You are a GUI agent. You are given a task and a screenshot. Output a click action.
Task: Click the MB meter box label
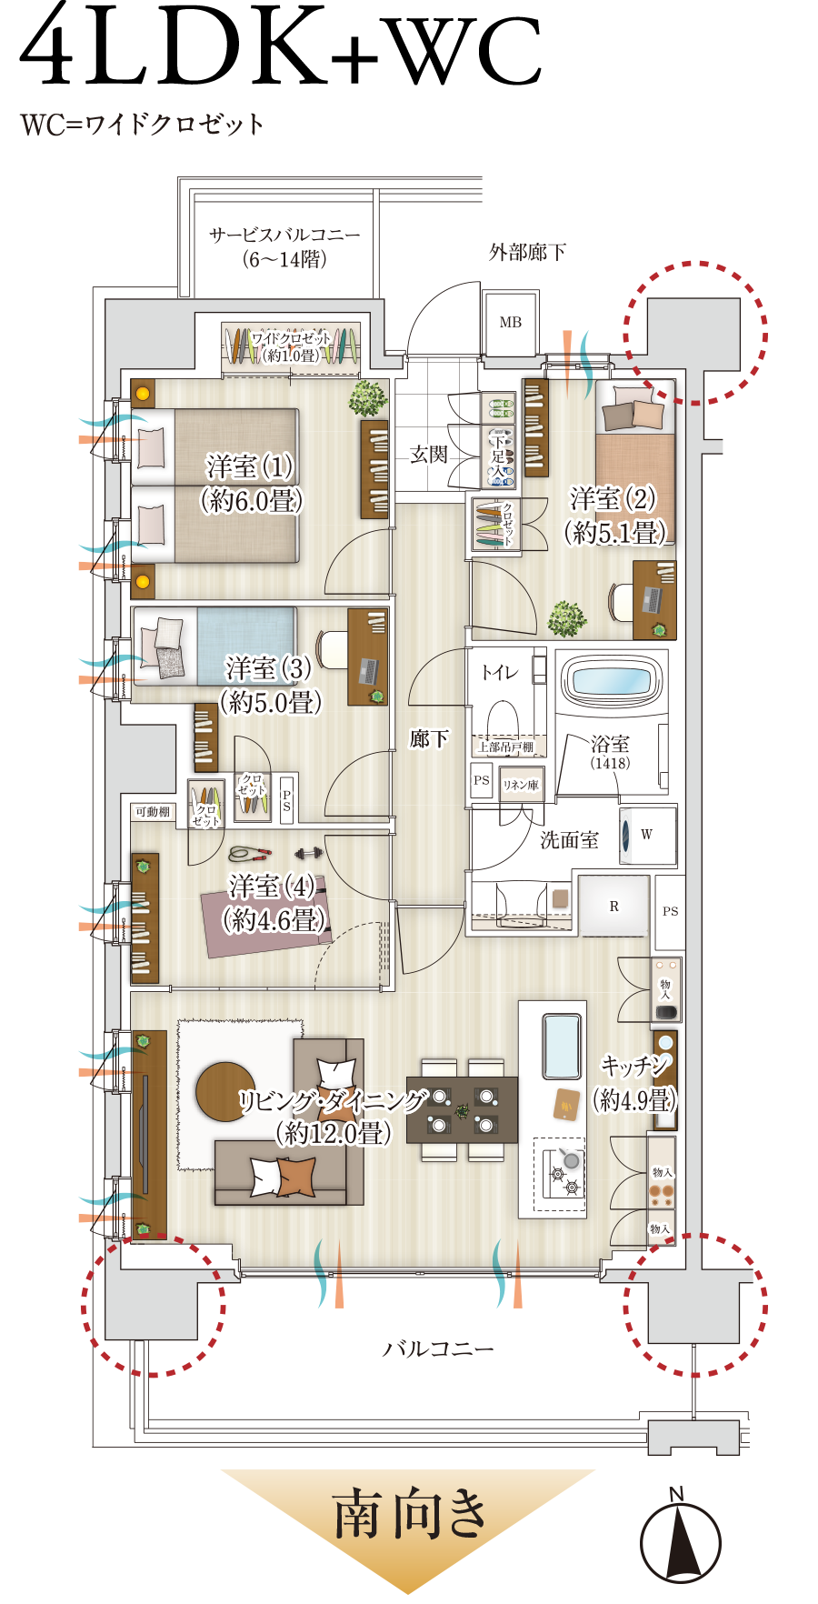(x=511, y=322)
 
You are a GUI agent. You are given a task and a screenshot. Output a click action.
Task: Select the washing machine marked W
(x=647, y=835)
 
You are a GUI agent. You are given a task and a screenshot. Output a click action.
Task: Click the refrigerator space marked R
(x=614, y=906)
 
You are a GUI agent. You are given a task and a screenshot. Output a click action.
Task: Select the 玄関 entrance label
(x=429, y=454)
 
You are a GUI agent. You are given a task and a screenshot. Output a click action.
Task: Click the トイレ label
(x=499, y=672)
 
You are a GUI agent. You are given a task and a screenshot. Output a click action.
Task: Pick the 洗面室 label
(x=570, y=840)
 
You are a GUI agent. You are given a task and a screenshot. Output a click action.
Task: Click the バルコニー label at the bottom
(x=438, y=1348)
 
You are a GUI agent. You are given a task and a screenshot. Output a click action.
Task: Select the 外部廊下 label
(x=527, y=252)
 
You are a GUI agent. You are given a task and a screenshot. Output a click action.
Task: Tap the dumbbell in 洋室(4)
(x=309, y=854)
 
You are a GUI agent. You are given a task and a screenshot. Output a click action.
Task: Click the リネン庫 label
(x=521, y=785)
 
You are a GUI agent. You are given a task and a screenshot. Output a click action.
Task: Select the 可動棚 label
(x=153, y=811)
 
